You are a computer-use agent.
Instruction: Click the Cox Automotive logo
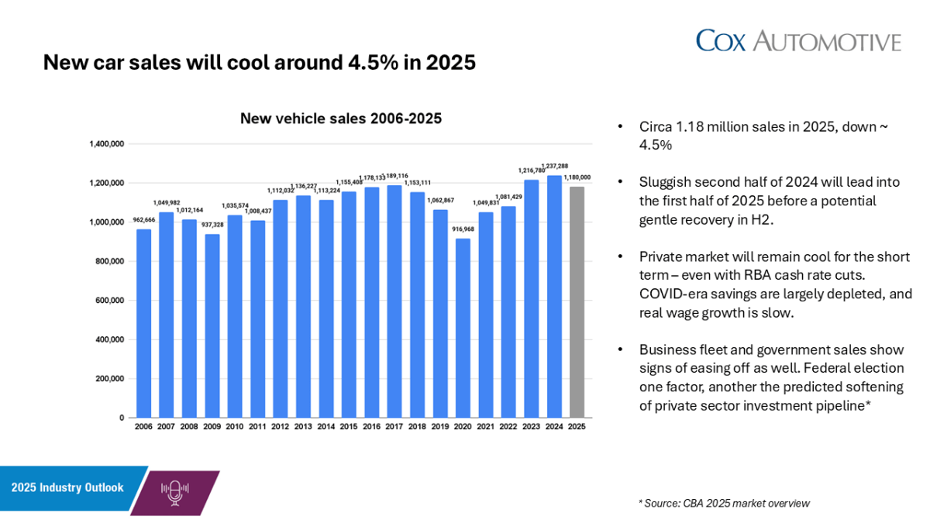pyautogui.click(x=798, y=40)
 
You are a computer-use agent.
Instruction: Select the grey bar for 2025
pyautogui.click(x=577, y=302)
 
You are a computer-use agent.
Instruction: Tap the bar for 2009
pyautogui.click(x=212, y=325)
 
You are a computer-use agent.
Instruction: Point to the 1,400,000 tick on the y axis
pyautogui.click(x=106, y=144)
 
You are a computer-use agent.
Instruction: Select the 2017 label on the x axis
pyautogui.click(x=394, y=427)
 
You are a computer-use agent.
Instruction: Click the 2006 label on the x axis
pyautogui.click(x=143, y=427)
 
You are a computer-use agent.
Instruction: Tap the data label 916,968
pyautogui.click(x=463, y=231)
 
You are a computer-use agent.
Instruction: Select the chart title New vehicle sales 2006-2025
pyautogui.click(x=340, y=119)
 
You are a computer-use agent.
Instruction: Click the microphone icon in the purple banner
pyautogui.click(x=174, y=492)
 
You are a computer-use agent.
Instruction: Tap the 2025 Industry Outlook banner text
pyautogui.click(x=67, y=487)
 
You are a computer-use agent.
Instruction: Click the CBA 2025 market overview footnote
pyautogui.click(x=725, y=503)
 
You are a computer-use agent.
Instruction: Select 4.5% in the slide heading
pyautogui.click(x=364, y=63)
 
